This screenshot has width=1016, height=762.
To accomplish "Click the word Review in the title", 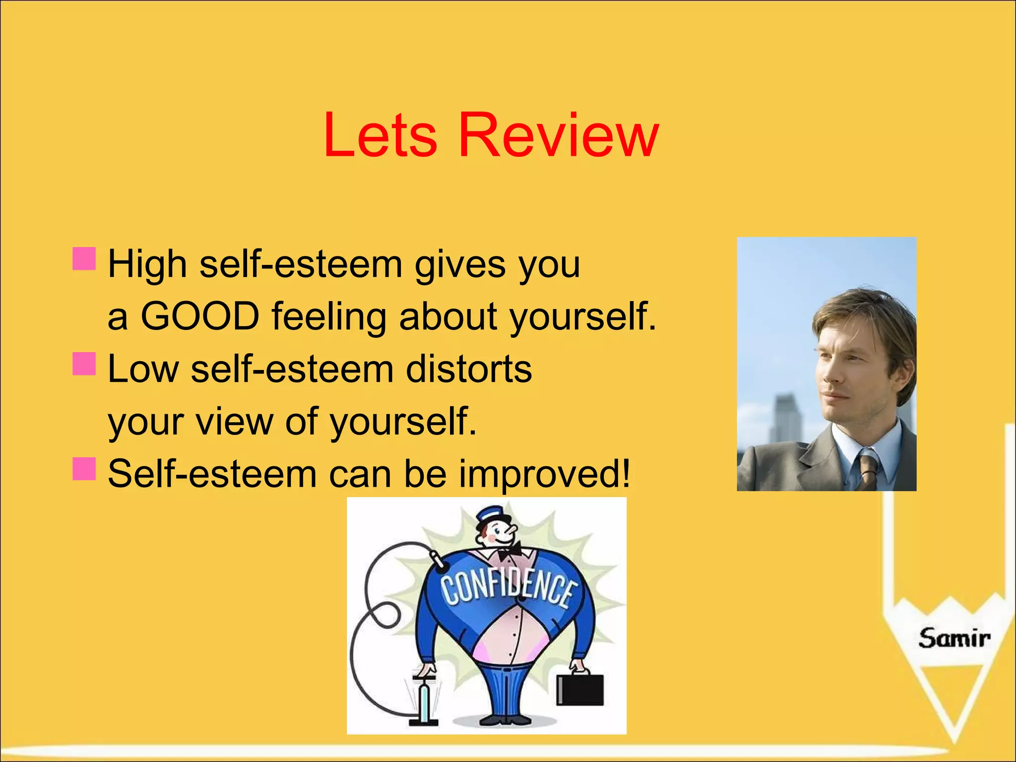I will pos(559,135).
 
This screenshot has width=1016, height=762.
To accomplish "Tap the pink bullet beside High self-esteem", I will pos(84,259).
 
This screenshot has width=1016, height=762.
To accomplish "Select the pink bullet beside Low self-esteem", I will pos(84,364).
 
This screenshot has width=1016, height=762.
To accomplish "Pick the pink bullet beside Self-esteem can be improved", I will pos(84,469).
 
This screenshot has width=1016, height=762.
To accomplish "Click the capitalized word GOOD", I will pos(200,316).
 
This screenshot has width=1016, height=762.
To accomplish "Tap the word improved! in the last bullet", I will pos(544,474).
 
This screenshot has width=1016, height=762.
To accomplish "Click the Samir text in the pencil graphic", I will pos(953,638).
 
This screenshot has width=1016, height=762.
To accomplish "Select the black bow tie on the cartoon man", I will pos(510,551).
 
